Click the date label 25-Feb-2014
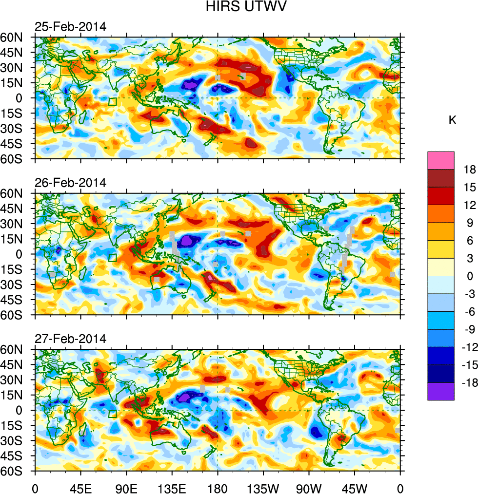coord(70,27)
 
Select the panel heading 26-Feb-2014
coord(70,183)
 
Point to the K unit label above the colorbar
coord(453,120)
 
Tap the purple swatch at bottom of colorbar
coord(441,392)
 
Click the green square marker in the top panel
coord(113,102)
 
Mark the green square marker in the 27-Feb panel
coord(113,414)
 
